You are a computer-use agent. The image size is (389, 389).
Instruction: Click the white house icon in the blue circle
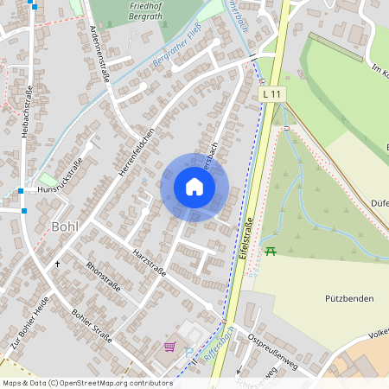tap(194, 187)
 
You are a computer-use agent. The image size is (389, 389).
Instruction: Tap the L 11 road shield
tap(271, 92)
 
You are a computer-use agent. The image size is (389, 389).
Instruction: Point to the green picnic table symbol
tap(271, 251)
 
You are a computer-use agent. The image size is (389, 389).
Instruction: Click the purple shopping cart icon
tap(169, 348)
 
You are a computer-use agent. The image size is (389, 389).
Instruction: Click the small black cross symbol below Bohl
tap(58, 262)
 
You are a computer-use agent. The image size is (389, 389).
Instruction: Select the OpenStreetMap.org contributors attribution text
tap(112, 383)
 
